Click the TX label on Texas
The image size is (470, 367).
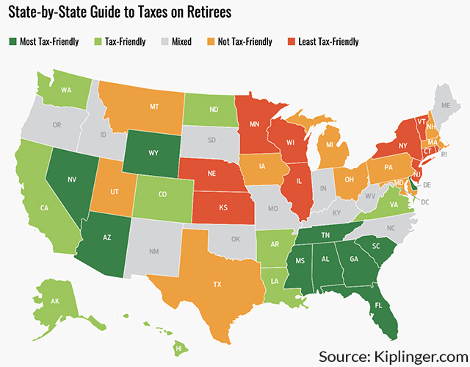(217, 283)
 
